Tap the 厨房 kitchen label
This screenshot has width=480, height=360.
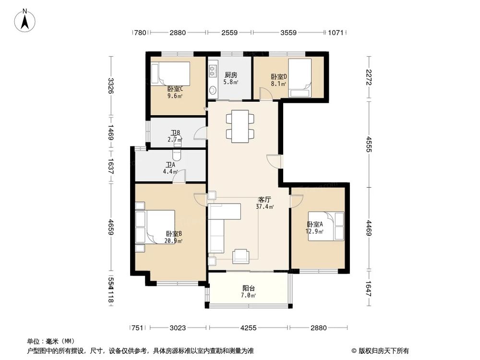(231, 75)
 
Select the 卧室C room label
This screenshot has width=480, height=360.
(175, 89)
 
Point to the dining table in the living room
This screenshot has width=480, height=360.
(239, 126)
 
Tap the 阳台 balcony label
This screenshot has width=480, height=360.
(248, 288)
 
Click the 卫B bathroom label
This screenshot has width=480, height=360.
(175, 133)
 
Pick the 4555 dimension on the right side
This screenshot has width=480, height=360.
(369, 144)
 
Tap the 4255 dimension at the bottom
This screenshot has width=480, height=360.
(248, 328)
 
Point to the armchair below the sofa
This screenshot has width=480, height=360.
(241, 256)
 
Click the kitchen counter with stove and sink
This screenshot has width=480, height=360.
(213, 79)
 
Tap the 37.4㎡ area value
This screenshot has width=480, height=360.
(265, 207)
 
